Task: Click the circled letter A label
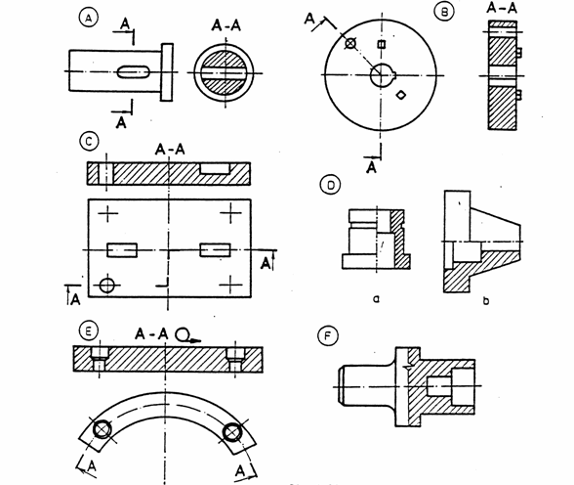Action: [88, 18]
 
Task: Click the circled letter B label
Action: [444, 12]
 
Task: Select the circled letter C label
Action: [89, 142]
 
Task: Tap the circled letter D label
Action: [330, 185]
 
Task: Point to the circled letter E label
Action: [88, 331]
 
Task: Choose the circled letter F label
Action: [328, 336]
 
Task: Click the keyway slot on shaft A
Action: [133, 71]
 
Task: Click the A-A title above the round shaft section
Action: [225, 26]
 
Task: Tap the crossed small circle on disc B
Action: [350, 43]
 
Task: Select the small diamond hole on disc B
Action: [401, 95]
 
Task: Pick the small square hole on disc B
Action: [382, 44]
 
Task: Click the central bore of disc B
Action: [382, 75]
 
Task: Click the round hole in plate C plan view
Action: [107, 285]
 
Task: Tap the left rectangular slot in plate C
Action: [122, 250]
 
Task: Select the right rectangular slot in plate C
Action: [215, 250]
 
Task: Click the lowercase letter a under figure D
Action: [376, 299]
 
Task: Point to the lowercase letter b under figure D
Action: [486, 300]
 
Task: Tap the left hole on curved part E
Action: [102, 429]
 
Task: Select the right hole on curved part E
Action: [232, 432]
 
